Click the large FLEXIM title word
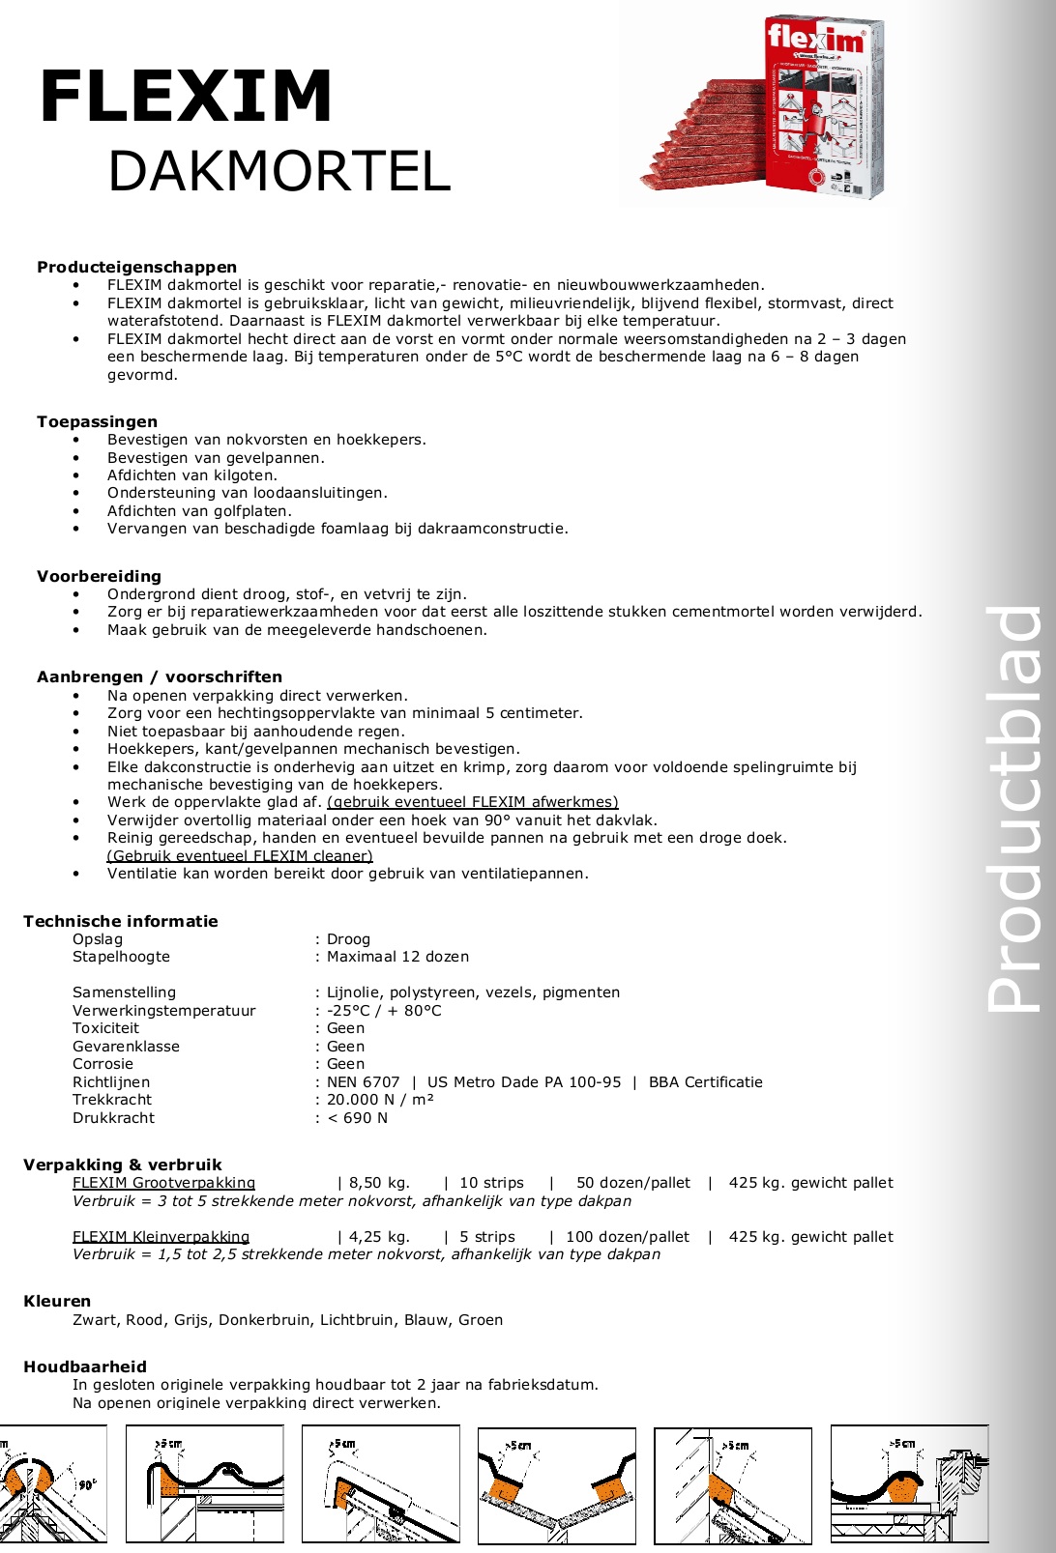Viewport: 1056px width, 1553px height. (x=186, y=97)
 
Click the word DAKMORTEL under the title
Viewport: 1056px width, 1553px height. (x=279, y=171)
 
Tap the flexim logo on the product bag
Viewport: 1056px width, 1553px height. (x=814, y=40)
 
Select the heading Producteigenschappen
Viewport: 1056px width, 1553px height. (x=136, y=267)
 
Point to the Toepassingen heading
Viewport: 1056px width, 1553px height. (x=97, y=421)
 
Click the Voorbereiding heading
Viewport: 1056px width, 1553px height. (x=99, y=576)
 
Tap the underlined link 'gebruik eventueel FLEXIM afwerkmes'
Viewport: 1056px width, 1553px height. (x=472, y=802)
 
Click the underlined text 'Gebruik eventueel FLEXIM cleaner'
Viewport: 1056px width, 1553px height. (x=240, y=855)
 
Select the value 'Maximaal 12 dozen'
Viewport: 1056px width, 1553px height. (x=397, y=957)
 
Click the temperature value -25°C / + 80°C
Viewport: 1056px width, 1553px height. (x=384, y=1011)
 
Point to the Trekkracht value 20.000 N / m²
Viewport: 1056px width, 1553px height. (x=380, y=1100)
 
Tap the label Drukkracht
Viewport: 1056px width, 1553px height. (x=113, y=1118)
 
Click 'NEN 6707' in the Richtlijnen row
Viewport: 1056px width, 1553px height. (x=363, y=1082)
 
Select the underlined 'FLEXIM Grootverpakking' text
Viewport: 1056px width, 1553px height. (x=163, y=1183)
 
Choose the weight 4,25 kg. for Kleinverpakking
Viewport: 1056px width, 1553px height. (x=379, y=1237)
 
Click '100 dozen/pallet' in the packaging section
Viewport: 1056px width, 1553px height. (x=628, y=1237)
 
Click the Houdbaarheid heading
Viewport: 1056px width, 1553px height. (x=85, y=1366)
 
